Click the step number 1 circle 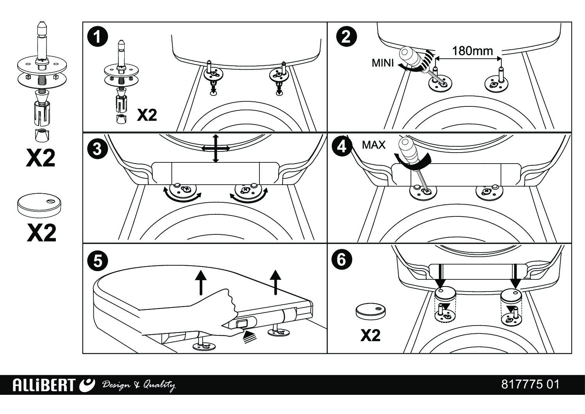97,38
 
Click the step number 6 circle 342,259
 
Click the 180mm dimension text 472,51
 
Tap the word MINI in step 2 383,63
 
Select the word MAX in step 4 374,145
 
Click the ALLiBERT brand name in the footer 43,385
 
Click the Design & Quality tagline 138,385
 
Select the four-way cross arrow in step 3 215,148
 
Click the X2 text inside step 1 147,115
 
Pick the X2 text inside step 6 370,335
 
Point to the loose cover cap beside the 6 370,310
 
